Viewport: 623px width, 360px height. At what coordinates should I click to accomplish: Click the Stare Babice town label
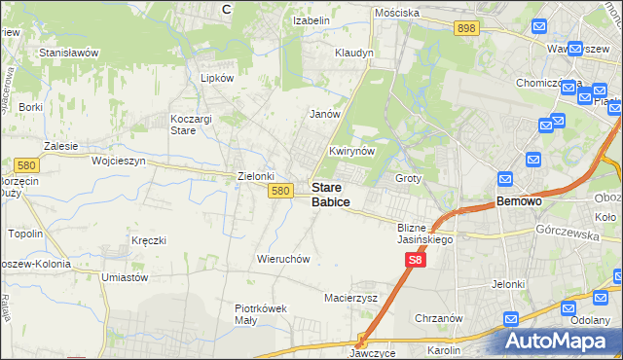coord(331,195)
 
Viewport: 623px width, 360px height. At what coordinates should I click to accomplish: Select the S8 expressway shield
coord(416,260)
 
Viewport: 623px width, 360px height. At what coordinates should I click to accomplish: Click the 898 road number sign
coord(465,29)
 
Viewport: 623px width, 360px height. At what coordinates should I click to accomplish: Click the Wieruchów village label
coord(282,260)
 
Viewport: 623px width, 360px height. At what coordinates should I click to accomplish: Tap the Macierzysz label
coord(350,298)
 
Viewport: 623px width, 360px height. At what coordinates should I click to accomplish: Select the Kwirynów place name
coord(352,152)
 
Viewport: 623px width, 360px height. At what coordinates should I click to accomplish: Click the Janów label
coord(325,114)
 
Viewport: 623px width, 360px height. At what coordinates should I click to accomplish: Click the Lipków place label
coord(217,78)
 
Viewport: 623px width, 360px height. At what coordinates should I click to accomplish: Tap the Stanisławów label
coord(69,52)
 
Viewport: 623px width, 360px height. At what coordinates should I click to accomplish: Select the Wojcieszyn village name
coord(118,161)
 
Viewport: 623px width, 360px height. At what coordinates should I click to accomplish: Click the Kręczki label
coord(149,239)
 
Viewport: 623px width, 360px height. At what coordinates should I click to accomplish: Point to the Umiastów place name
coord(124,277)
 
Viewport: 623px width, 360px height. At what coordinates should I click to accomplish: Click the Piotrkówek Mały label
coord(261,314)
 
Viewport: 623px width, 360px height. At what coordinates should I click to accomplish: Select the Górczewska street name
coord(565,232)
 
